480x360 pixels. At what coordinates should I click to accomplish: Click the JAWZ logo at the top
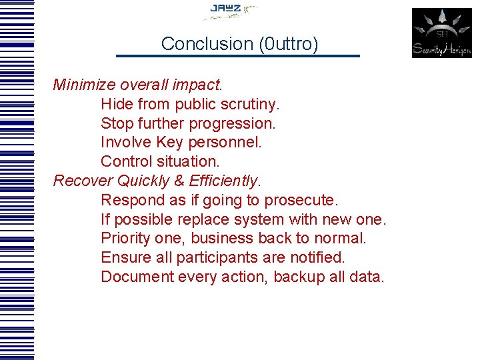[231, 11]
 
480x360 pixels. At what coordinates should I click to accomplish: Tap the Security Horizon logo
[441, 33]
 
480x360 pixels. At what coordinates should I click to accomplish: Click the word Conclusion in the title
[207, 44]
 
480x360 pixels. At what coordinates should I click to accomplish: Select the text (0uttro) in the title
[289, 44]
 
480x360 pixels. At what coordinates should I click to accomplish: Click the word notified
[320, 257]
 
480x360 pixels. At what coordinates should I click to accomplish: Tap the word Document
[137, 277]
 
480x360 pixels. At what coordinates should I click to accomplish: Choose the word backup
[299, 277]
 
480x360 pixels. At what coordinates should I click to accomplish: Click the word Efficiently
[225, 181]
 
